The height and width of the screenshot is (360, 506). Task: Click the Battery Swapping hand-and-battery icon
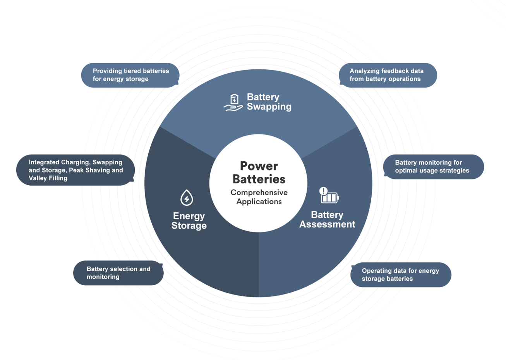tap(233, 102)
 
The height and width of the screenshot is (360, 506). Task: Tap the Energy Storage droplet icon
tap(187, 198)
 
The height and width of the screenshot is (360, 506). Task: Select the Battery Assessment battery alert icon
tap(329, 195)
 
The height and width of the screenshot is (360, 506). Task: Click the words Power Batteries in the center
tap(259, 172)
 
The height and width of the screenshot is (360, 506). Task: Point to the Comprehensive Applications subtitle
tap(259, 197)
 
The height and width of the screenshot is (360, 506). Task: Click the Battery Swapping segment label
tap(269, 102)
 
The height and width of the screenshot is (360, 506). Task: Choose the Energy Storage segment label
tap(189, 221)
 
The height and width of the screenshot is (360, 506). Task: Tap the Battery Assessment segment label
tap(327, 220)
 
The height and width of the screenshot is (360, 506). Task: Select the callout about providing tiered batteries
tap(130, 75)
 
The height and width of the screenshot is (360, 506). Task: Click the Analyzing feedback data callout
tap(388, 75)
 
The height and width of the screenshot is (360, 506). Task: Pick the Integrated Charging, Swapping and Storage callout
tap(75, 170)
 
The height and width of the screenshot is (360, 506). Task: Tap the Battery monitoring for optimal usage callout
tap(433, 167)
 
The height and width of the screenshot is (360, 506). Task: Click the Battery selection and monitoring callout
tap(118, 273)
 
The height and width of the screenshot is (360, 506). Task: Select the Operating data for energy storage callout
tap(401, 275)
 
